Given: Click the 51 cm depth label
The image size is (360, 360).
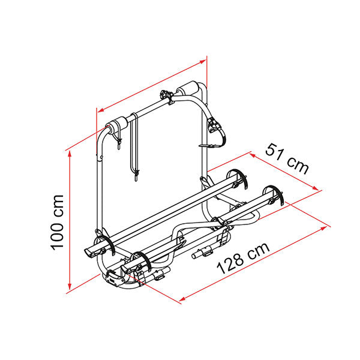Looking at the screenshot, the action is pos(287,158).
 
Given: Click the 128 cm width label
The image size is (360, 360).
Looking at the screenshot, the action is pos(244,258).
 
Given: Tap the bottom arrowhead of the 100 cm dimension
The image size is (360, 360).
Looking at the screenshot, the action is pos(70,286).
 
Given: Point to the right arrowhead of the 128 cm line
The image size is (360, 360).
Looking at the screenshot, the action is pos(323,228).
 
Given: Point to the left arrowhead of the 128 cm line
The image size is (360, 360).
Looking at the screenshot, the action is pos(182,299).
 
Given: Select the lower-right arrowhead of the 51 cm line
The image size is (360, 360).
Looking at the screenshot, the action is pos(316,188).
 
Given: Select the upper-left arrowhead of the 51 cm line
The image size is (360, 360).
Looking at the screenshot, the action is pos(253,155).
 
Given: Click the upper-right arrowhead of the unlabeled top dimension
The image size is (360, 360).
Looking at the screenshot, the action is pos(203,61).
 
